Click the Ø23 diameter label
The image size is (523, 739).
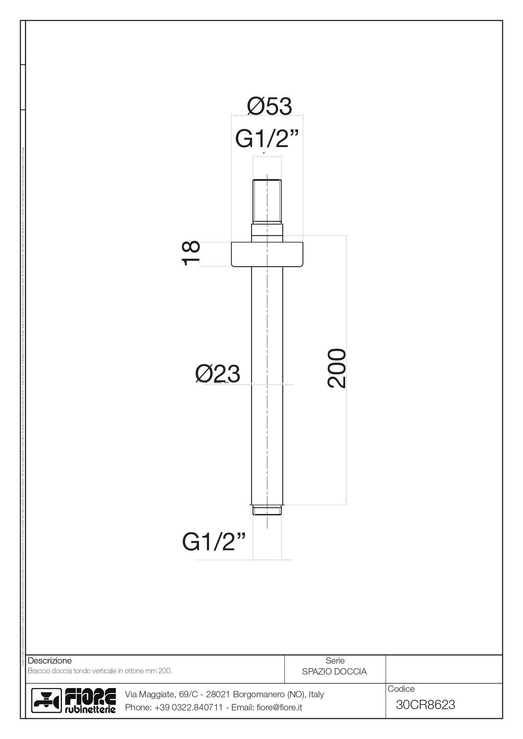tap(217, 373)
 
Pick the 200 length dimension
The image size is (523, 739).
tap(337, 368)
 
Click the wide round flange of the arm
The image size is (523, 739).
tap(267, 254)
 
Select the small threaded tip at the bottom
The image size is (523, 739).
tap(267, 510)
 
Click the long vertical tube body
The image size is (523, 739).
tap(267, 379)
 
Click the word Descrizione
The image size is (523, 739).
tap(50, 661)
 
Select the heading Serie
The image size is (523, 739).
tap(335, 661)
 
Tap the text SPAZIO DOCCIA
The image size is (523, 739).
tap(334, 672)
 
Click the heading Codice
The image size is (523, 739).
tap(401, 689)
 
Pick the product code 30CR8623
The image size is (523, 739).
tap(425, 705)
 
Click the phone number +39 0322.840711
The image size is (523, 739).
tap(188, 707)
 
